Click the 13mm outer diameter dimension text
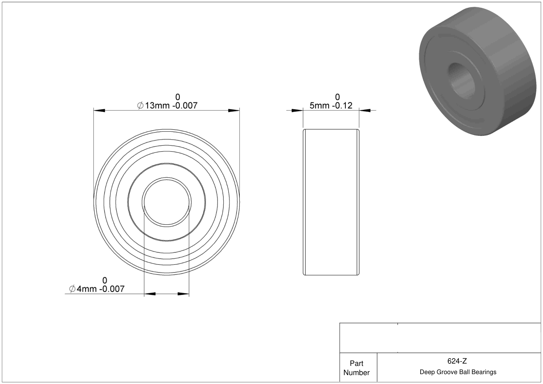coord(167,106)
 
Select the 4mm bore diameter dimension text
coord(97,289)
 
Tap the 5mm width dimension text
coord(331,106)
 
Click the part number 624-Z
coord(457,361)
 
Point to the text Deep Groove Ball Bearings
coord(458,372)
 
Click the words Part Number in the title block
coord(356,368)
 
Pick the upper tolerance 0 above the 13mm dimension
coord(178,97)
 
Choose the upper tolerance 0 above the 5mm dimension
coord(337,97)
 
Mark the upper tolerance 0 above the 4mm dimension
coord(105,280)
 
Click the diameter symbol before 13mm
coord(140,106)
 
